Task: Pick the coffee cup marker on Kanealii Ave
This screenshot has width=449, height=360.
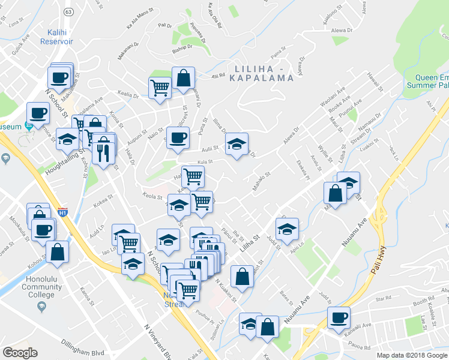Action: (338, 316)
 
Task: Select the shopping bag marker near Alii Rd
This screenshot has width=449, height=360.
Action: (183, 77)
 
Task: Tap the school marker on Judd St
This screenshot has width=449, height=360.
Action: (287, 229)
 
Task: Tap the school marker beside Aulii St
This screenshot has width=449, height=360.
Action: (237, 143)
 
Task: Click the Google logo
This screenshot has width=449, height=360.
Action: (20, 353)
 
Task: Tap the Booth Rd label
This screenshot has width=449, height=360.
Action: (423, 302)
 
